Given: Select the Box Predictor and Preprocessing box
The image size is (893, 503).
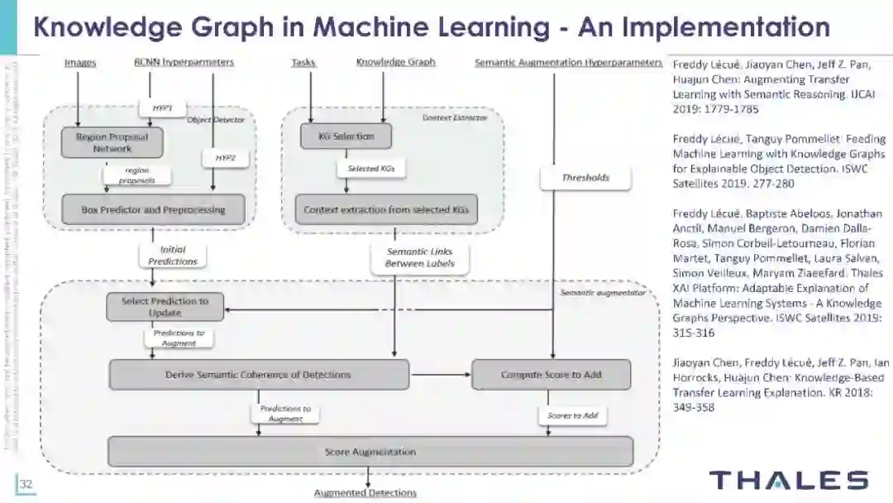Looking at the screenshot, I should coord(154,210).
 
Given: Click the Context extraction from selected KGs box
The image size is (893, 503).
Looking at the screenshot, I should coord(386,210).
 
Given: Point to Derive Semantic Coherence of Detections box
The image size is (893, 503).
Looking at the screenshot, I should coord(259,375).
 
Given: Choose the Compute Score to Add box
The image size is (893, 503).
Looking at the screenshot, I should coord(551,375).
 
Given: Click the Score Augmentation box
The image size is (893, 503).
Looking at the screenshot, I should coord(370,452).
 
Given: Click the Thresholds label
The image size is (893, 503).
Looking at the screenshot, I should coord(585,177).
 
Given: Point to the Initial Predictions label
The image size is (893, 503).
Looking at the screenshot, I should coord(173,255).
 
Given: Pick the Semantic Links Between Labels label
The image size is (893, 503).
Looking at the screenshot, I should coord(420,258).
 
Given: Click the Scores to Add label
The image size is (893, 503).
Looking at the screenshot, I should coord(572,414).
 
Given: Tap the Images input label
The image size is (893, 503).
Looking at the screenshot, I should coord(80,62).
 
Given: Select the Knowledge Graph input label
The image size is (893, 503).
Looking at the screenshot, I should coord(395,62).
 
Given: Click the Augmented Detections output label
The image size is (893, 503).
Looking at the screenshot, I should coord(365,493).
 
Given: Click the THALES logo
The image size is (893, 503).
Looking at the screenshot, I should coord(789,480).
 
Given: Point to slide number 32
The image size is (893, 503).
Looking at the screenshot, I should coord(25,484).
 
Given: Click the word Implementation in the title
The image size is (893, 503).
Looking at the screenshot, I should coord(704,27).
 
